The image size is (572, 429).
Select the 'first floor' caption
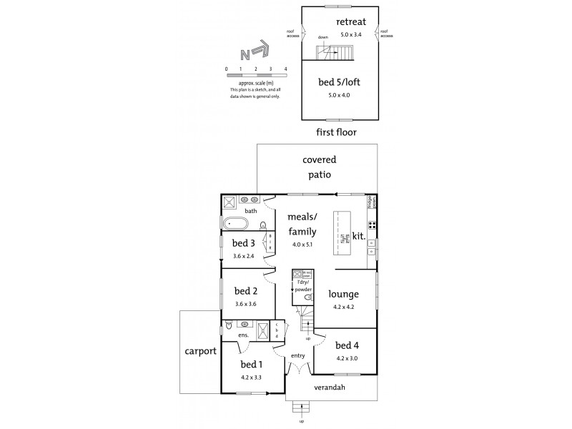pyautogui.click(x=336, y=132)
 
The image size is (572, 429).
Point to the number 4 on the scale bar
pyautogui.click(x=285, y=69)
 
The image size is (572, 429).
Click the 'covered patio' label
pyautogui.click(x=319, y=167)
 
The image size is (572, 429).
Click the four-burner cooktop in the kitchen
pyautogui.click(x=372, y=227)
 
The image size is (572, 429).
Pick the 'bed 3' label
pyautogui.click(x=244, y=243)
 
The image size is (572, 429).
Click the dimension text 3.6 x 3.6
pyautogui.click(x=245, y=304)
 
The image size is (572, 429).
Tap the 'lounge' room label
pyautogui.click(x=343, y=294)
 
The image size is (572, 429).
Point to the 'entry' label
pyautogui.click(x=298, y=355)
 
